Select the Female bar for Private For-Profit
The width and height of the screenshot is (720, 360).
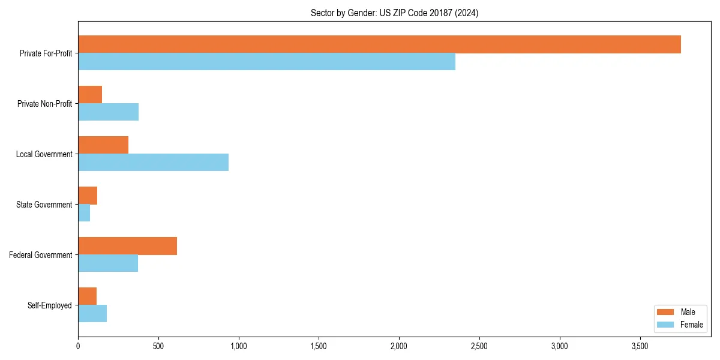click(x=266, y=62)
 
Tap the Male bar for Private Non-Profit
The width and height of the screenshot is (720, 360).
click(x=90, y=95)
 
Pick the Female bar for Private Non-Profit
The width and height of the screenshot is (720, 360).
click(x=108, y=112)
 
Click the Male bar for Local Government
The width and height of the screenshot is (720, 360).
click(x=103, y=145)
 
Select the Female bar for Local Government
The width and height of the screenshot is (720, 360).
click(x=153, y=163)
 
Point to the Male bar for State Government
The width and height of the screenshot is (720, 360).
click(x=88, y=196)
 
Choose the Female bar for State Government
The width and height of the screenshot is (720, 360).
click(x=84, y=213)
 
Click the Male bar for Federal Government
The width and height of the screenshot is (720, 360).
click(x=127, y=246)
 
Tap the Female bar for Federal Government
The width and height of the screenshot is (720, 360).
click(x=108, y=263)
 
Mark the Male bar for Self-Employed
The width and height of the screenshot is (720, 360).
click(x=87, y=296)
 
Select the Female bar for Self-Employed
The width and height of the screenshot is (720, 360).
click(x=92, y=314)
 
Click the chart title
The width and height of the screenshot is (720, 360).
click(x=394, y=13)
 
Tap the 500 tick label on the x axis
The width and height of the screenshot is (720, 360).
click(x=158, y=346)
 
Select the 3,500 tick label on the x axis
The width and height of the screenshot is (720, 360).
click(x=640, y=346)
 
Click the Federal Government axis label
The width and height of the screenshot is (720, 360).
click(x=41, y=255)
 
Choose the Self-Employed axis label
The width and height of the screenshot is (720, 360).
click(x=50, y=305)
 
